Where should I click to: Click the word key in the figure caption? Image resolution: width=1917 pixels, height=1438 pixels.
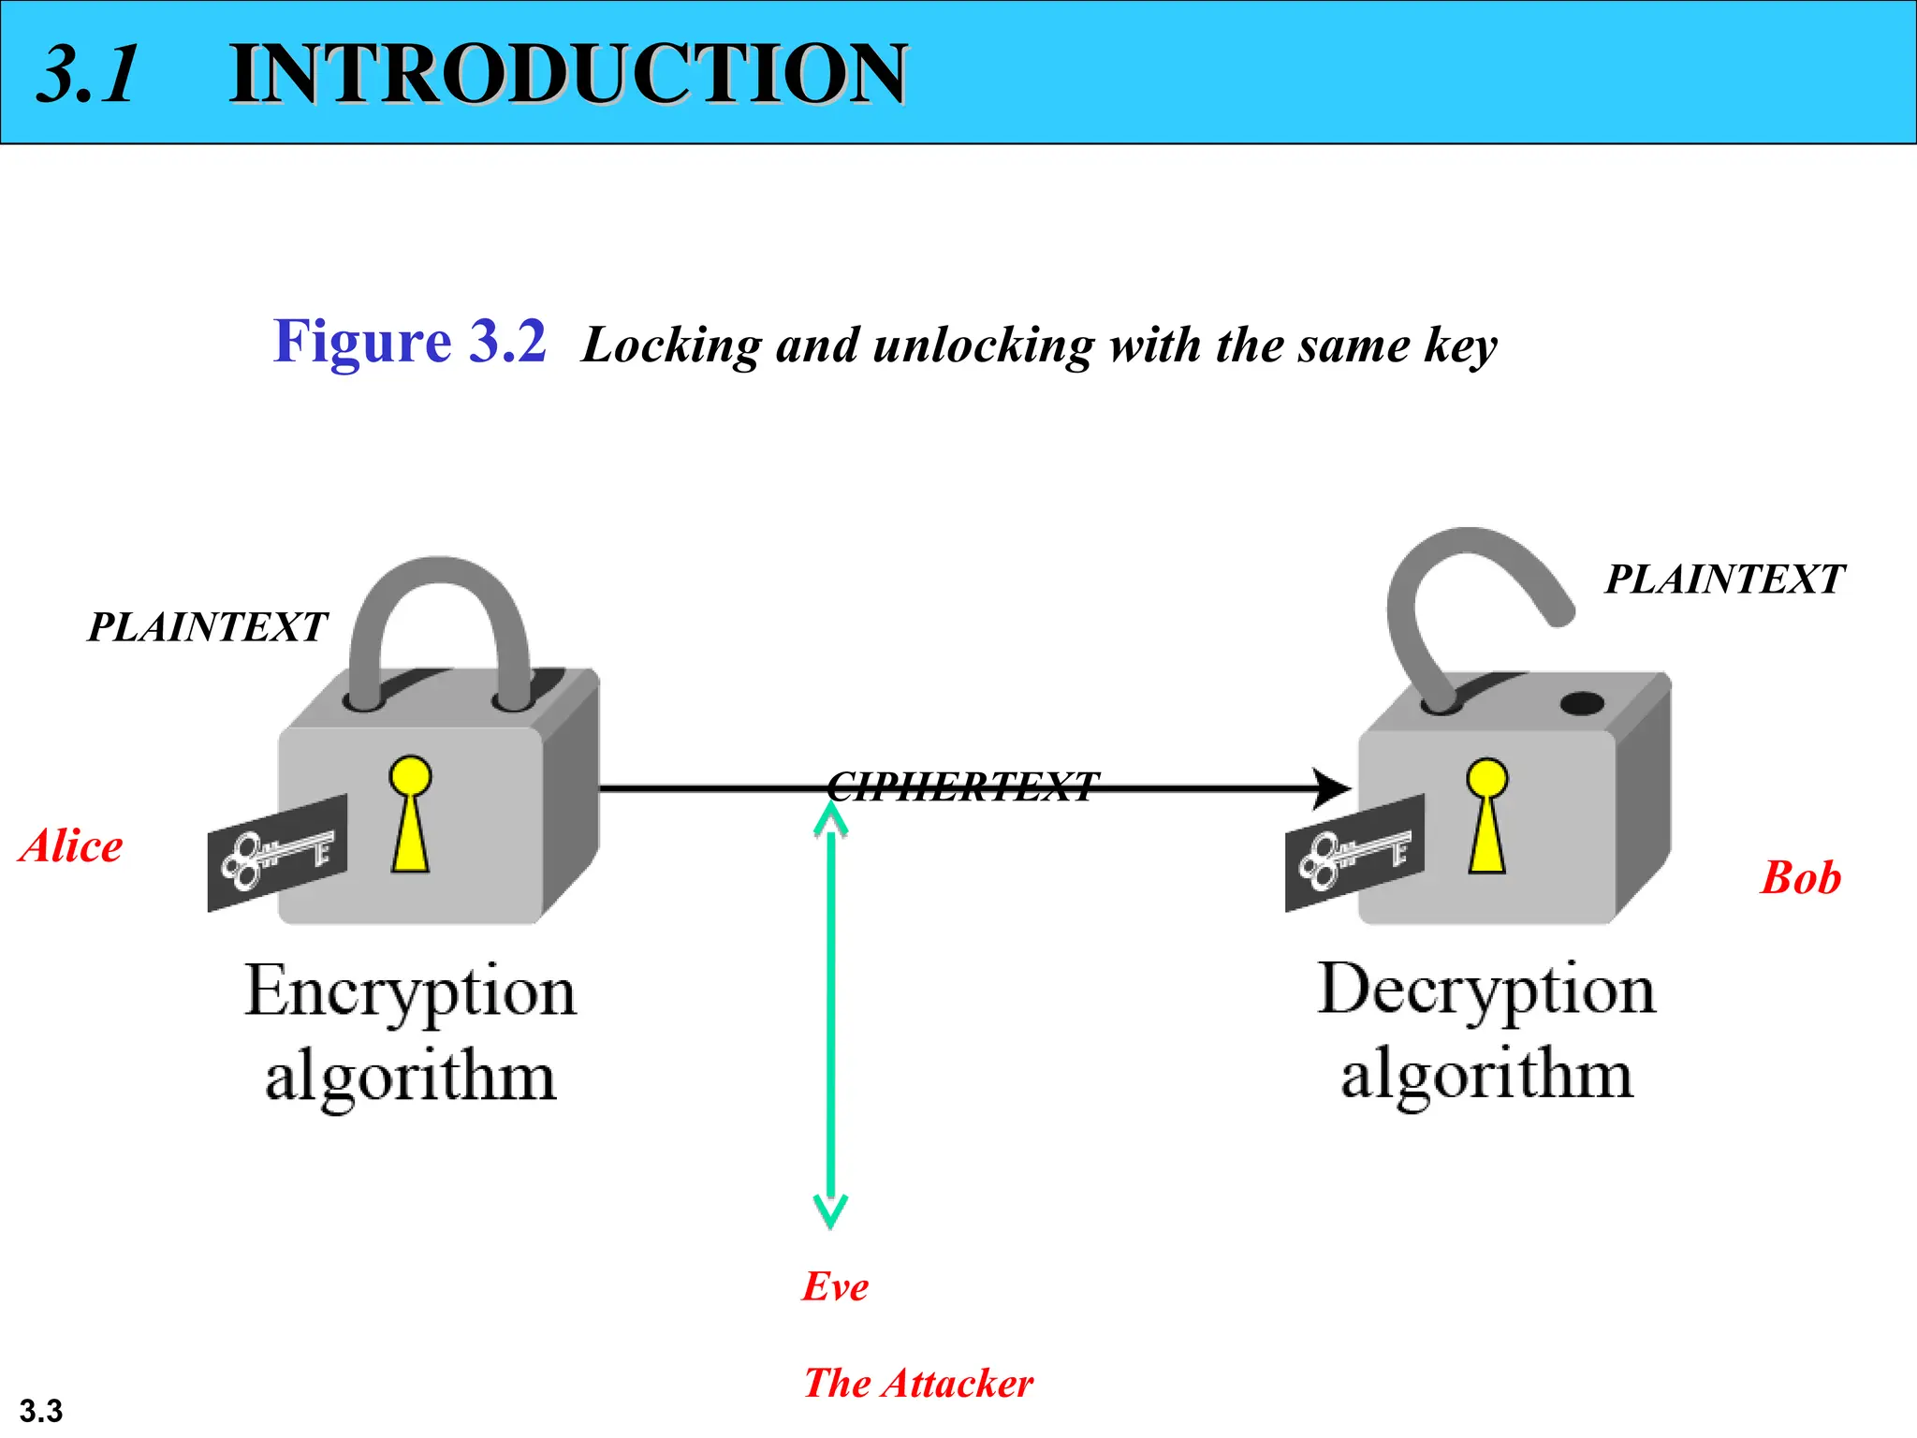pyautogui.click(x=1460, y=346)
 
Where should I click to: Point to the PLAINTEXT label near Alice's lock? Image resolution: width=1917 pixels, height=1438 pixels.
pyautogui.click(x=207, y=627)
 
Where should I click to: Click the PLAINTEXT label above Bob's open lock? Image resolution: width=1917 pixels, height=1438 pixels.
pyautogui.click(x=1724, y=580)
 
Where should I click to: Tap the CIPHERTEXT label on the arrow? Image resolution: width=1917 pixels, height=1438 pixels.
pyautogui.click(x=962, y=786)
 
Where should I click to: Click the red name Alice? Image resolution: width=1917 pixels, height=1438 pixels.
pyautogui.click(x=71, y=846)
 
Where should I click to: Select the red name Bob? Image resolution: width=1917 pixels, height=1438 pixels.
pyautogui.click(x=1800, y=878)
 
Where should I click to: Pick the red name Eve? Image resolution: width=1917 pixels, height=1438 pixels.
pyautogui.click(x=835, y=1286)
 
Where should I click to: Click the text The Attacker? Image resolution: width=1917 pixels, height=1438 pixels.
pyautogui.click(x=918, y=1383)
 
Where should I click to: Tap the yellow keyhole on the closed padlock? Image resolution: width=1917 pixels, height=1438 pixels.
pyautogui.click(x=410, y=814)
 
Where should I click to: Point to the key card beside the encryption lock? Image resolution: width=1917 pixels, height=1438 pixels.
pyautogui.click(x=277, y=853)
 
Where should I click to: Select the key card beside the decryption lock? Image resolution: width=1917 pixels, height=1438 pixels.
pyautogui.click(x=1354, y=853)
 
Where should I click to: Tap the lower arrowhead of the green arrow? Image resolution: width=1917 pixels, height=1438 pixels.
pyautogui.click(x=830, y=1211)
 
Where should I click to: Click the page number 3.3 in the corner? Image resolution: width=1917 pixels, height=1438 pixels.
pyautogui.click(x=41, y=1410)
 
